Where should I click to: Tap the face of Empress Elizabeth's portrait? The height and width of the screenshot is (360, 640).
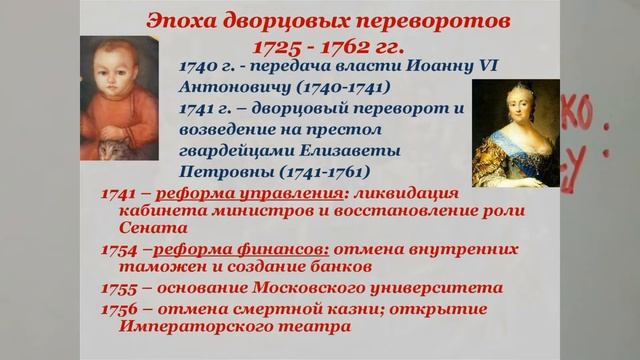[513, 107]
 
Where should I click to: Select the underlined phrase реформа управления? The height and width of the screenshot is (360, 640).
[233, 192]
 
